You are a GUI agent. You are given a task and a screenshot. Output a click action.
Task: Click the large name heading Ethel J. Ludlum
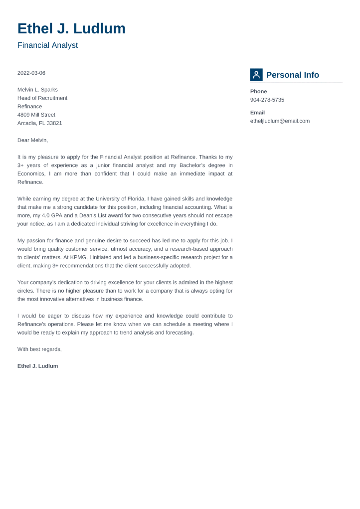pyautogui.click(x=71, y=29)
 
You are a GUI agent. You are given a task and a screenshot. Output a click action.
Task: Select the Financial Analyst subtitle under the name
pyautogui.click(x=47, y=45)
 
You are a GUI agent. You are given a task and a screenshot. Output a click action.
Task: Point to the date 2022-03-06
pyautogui.click(x=31, y=73)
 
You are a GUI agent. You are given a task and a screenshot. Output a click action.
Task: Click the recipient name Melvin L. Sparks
pyautogui.click(x=37, y=90)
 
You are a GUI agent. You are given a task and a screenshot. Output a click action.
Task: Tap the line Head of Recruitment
pyautogui.click(x=42, y=98)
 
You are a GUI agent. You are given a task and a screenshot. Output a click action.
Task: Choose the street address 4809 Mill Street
pyautogui.click(x=36, y=115)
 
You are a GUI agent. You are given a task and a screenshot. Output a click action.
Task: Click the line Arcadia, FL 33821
pyautogui.click(x=40, y=123)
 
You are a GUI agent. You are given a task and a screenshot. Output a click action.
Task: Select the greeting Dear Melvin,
pyautogui.click(x=33, y=140)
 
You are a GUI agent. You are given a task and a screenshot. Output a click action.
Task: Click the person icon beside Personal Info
pyautogui.click(x=256, y=75)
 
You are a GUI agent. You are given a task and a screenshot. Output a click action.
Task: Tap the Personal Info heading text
pyautogui.click(x=293, y=75)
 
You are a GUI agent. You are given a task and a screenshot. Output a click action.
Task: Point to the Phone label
pyautogui.click(x=258, y=92)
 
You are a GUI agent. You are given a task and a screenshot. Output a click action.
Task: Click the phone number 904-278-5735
pyautogui.click(x=267, y=100)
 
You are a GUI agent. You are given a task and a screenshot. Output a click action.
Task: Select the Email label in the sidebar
pyautogui.click(x=257, y=113)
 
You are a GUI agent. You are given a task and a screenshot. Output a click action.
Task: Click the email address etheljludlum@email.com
pyautogui.click(x=280, y=121)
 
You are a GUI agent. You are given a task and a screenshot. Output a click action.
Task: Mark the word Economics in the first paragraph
pyautogui.click(x=31, y=173)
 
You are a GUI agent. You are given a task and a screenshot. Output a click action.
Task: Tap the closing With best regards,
pyautogui.click(x=39, y=349)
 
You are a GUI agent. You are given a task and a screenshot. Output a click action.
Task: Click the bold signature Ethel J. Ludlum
pyautogui.click(x=37, y=366)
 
